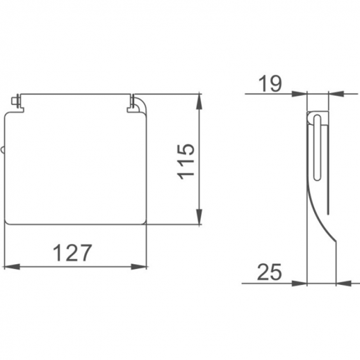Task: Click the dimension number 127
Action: pyautogui.click(x=72, y=253)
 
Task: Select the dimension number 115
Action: pyautogui.click(x=186, y=162)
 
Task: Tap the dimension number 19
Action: pyautogui.click(x=270, y=83)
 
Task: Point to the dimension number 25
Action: pyautogui.click(x=270, y=272)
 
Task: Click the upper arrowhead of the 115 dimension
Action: pyautogui.click(x=199, y=101)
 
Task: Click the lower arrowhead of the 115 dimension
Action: pyautogui.click(x=199, y=217)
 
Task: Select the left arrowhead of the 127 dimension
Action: pyautogui.click(x=12, y=267)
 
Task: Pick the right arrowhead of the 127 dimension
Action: pyautogui.click(x=139, y=267)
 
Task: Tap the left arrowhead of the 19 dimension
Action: pyautogui.click(x=299, y=94)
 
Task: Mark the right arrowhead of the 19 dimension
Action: pyautogui.click(x=336, y=94)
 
